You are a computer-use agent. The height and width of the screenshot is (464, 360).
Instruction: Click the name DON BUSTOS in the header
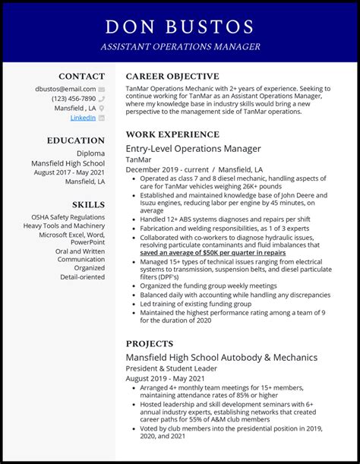coord(179,27)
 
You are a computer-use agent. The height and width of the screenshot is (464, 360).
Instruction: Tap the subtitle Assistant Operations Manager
coord(179,47)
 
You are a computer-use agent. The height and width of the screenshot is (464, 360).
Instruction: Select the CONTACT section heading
coord(82,76)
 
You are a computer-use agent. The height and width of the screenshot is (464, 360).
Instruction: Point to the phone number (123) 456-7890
coord(74,99)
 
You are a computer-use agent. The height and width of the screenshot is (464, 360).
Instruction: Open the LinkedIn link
coord(84,118)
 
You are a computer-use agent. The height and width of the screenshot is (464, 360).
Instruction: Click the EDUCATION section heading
coord(76,140)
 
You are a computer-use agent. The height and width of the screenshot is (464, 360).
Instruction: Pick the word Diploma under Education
coord(90,153)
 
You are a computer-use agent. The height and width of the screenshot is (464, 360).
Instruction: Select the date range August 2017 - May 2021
coord(69,172)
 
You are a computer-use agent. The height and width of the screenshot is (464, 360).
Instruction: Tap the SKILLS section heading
coord(89,204)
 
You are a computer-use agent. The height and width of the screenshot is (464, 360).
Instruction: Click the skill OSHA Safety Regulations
coord(68,217)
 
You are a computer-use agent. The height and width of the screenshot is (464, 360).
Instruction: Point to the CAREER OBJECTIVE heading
coord(172,76)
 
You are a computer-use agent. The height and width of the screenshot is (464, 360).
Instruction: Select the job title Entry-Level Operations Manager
coord(193,149)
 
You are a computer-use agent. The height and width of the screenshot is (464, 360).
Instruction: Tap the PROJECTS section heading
coord(150,343)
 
